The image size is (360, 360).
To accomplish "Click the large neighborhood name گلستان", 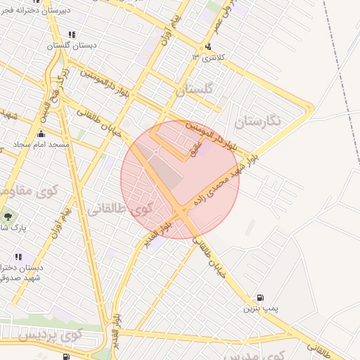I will coord(193,91).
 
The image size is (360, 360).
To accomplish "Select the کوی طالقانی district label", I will coord(120,208).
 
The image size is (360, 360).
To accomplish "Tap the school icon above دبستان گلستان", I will coord(72,34).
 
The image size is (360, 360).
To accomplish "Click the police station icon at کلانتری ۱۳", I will coord(207,47).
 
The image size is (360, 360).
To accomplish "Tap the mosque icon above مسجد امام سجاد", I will coord(41,134).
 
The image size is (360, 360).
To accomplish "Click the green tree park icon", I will coord(8,217).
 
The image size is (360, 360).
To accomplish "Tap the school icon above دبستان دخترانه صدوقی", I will coord(18,257).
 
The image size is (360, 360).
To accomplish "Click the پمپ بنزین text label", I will coord(261,309).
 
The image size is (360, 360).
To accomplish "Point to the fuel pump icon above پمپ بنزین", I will coord(262,297).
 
